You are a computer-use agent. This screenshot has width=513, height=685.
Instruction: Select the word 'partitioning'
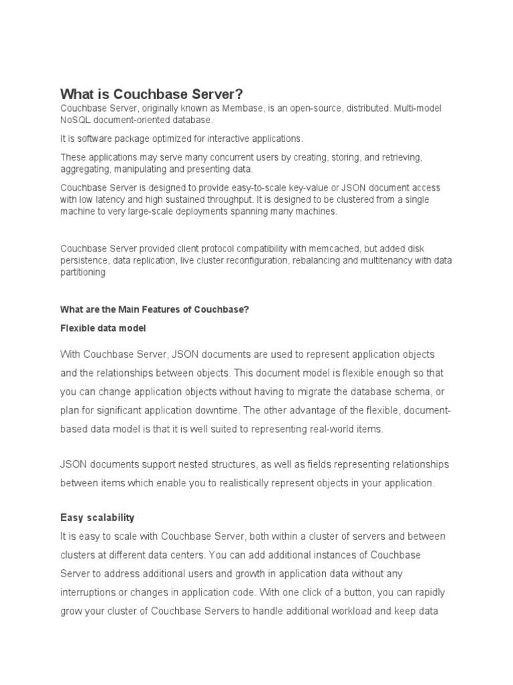(x=83, y=273)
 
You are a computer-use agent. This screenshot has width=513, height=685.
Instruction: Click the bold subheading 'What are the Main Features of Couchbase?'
(x=154, y=309)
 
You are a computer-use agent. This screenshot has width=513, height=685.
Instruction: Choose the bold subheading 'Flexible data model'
(x=103, y=329)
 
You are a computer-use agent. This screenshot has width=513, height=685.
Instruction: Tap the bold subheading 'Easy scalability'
(x=97, y=518)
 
